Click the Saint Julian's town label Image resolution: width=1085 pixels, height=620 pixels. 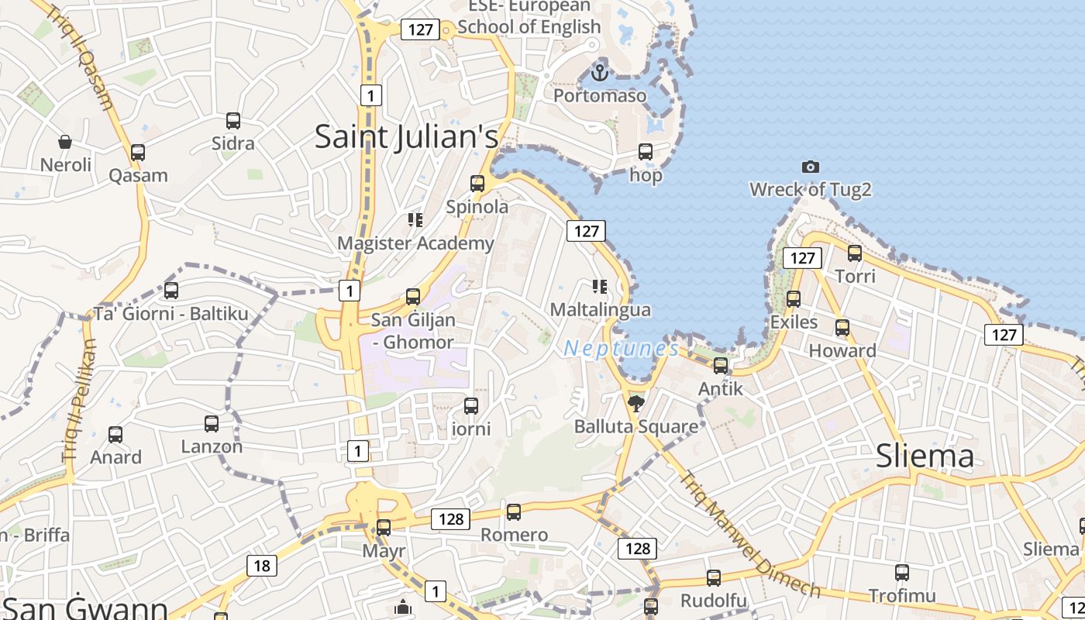[x=406, y=137]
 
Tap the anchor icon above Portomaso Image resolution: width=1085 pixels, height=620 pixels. [x=599, y=73]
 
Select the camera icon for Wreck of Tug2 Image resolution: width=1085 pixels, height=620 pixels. [x=811, y=167]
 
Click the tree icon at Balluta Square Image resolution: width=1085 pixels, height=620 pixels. [x=636, y=403]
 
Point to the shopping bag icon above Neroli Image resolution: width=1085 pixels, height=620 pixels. [x=66, y=142]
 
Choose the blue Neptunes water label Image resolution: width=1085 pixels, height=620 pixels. [x=622, y=349]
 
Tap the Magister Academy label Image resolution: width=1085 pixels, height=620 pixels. [x=415, y=243]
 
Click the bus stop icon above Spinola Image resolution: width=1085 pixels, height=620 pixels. [x=477, y=184]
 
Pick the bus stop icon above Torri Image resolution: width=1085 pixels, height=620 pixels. [x=855, y=253]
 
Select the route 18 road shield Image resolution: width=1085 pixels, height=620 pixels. [x=262, y=566]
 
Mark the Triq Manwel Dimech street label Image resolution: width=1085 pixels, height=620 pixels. [x=749, y=535]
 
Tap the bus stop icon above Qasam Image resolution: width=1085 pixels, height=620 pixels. [x=138, y=152]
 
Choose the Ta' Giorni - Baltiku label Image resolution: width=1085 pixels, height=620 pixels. [x=171, y=314]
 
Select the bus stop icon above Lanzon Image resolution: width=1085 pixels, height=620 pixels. [x=212, y=424]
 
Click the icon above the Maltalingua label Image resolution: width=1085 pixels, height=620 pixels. [x=599, y=287]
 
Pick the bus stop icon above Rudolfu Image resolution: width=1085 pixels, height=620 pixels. [x=714, y=577]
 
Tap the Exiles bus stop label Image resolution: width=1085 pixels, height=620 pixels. [x=794, y=322]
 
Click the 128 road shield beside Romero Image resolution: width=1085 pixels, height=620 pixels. [x=451, y=518]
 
